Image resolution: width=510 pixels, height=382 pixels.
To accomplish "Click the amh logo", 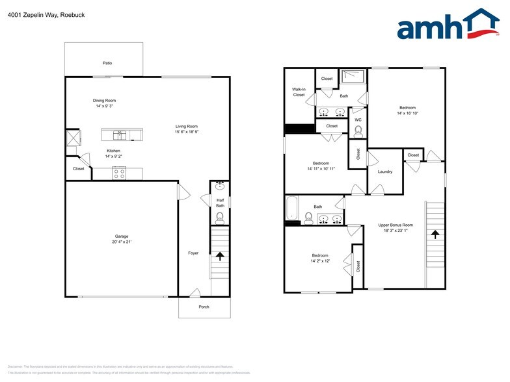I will (x=448, y=25).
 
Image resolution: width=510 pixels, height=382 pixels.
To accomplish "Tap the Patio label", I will (x=107, y=63).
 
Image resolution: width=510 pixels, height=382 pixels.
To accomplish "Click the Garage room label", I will (x=121, y=236).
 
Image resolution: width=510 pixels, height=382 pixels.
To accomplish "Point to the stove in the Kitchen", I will (x=118, y=173).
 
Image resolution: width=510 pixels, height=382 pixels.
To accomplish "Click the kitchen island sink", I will (x=120, y=135).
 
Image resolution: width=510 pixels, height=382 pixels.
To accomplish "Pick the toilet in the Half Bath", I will (x=220, y=216).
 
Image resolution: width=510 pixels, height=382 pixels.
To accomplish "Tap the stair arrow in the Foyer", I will (x=220, y=255).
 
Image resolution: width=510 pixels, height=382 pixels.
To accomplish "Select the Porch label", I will (x=204, y=307).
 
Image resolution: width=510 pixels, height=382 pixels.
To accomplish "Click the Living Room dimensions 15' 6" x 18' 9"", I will (x=186, y=132).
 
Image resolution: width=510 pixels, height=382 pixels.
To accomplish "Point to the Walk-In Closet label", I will (x=299, y=92).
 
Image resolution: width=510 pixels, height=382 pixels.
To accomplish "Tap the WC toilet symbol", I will (x=358, y=131).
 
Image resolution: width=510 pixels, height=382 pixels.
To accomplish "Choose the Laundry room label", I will (x=384, y=172).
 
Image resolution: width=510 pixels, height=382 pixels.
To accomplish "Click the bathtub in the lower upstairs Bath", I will (x=292, y=209).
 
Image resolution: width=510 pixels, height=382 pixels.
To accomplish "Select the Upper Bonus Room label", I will (x=396, y=225).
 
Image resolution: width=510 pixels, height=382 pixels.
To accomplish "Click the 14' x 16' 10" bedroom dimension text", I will (x=407, y=113).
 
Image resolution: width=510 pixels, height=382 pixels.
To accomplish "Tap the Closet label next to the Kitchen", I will (x=78, y=168).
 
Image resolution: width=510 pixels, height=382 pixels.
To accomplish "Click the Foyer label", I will (x=193, y=253).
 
